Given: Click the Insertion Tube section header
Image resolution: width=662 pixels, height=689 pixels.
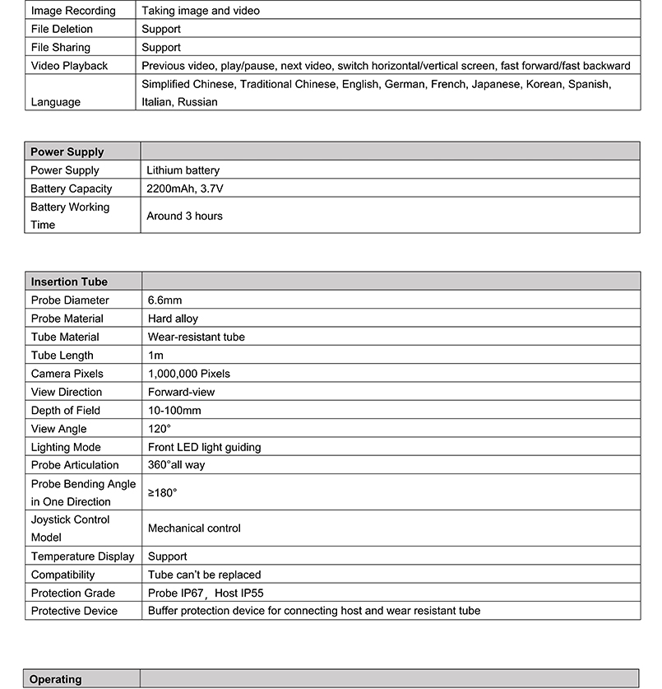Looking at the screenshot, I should coord(69,282).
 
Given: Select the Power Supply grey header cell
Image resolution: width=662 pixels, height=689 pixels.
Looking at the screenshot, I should coord(67,151).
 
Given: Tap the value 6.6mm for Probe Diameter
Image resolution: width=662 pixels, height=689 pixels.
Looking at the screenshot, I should coord(164,300).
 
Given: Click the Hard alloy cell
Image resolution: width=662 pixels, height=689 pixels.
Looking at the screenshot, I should coord(173,319).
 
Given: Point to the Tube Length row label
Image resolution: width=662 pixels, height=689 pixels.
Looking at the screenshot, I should coord(62,356).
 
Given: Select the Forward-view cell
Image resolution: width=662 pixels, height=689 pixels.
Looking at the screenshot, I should coord(181,392).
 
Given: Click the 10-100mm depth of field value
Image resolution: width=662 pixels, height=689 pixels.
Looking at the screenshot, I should coord(174,410).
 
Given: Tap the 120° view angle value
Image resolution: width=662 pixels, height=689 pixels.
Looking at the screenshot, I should coord(160,429).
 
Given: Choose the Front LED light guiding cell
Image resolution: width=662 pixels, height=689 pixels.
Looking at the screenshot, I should coord(204,447).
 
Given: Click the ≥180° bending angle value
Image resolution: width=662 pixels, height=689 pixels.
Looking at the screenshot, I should coord(162,492).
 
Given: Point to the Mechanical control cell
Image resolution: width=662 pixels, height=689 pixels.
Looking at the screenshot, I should coord(194,528).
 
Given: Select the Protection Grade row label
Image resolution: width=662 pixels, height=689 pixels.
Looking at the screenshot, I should coord(73,593).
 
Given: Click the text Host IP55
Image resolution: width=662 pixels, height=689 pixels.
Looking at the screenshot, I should coord(239,593).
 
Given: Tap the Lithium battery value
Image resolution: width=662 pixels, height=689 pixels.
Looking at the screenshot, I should coord(183,170).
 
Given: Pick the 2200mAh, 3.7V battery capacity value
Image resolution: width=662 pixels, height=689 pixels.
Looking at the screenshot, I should coord(185,189).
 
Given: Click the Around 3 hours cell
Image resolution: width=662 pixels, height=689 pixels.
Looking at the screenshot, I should coord(184,216).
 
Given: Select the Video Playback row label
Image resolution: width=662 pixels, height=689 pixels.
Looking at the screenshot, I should coord(69,66).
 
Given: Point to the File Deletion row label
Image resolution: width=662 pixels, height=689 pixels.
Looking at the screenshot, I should coord(62,29).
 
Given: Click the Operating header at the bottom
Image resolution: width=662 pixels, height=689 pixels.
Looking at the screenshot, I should coord(56,679).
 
